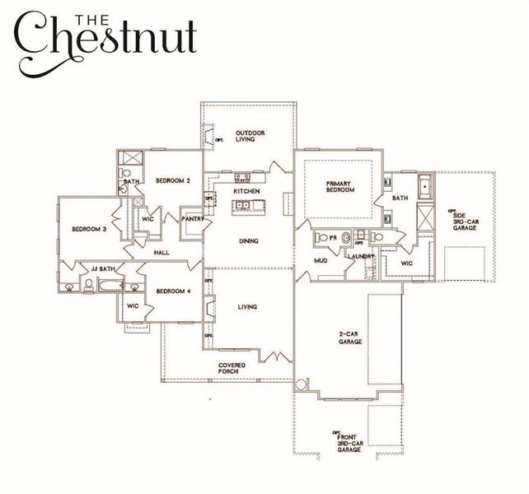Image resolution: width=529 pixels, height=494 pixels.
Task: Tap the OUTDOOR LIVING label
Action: coord(248,136)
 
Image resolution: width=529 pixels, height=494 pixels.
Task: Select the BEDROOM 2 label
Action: coord(174,181)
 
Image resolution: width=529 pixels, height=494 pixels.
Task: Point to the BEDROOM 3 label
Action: coord(88,229)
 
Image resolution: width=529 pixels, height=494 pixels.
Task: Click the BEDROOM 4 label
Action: coord(173,291)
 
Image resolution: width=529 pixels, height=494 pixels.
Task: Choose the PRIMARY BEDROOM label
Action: coord(339,187)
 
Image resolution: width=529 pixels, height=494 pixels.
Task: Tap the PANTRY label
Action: coord(193,220)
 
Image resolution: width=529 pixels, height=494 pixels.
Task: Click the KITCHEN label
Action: coord(246,191)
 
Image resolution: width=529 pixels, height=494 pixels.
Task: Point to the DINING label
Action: coord(247,241)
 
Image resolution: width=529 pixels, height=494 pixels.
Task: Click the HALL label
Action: coord(162,253)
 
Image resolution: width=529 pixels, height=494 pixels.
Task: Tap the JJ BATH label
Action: coord(103,268)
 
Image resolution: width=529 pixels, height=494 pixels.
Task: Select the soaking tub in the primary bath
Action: coord(424,188)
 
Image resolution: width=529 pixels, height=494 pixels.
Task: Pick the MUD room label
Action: coord(321,262)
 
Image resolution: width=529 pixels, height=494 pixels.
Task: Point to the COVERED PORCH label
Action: coord(228,368)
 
